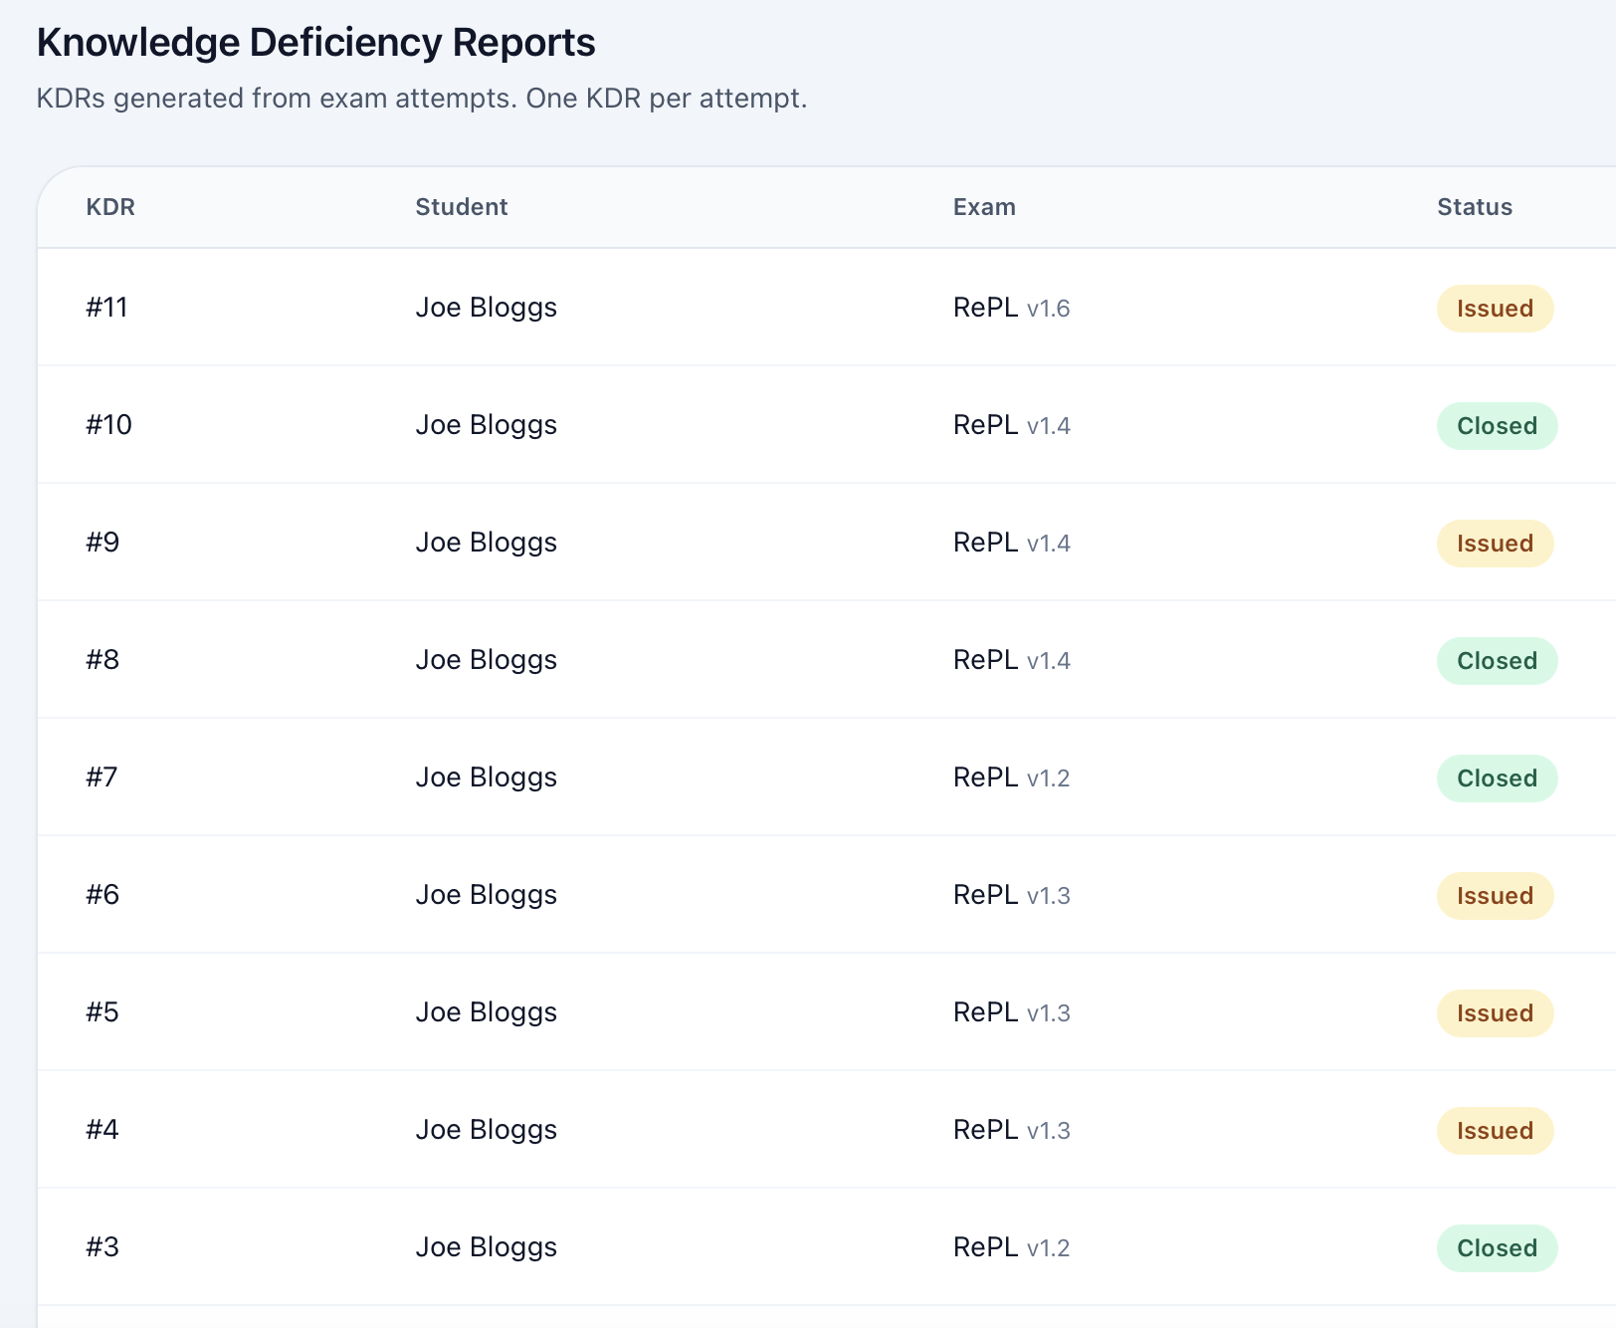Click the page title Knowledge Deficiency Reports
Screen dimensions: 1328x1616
(x=315, y=43)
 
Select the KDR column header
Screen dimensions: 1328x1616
(x=110, y=207)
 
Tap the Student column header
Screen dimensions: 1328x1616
(x=461, y=207)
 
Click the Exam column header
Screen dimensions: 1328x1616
(x=983, y=207)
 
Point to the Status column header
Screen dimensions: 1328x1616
(x=1474, y=207)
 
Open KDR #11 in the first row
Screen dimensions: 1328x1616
(x=106, y=308)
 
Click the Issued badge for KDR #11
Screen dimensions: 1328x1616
(x=1494, y=309)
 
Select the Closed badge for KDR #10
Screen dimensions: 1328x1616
(x=1496, y=426)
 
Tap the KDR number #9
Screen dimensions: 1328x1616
(x=102, y=543)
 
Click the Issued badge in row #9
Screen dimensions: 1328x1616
(x=1494, y=544)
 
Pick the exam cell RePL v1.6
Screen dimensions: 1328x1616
(x=1011, y=308)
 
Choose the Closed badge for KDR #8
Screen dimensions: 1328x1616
(x=1496, y=661)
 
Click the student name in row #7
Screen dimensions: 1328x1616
(x=486, y=777)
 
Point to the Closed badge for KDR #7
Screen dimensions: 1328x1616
(x=1496, y=778)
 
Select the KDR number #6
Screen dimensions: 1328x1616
(x=102, y=895)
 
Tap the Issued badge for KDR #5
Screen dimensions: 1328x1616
(x=1494, y=1013)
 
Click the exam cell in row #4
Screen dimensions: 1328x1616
(x=1011, y=1130)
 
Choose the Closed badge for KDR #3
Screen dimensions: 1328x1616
(x=1496, y=1248)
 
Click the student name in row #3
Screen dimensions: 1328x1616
(x=486, y=1247)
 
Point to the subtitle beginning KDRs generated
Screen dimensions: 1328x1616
(x=421, y=99)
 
